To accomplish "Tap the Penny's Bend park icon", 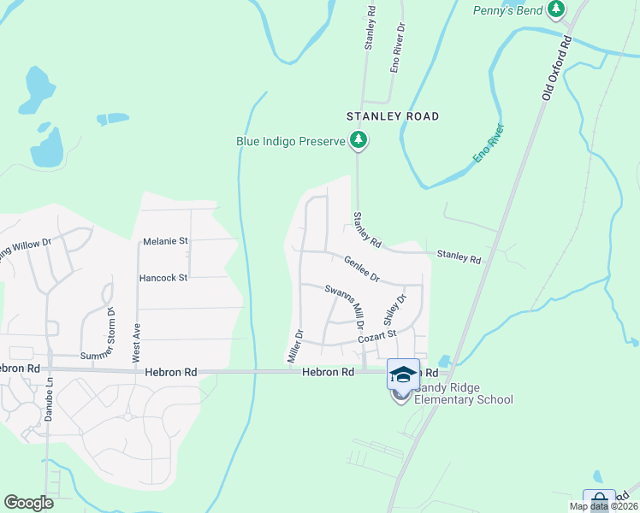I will [x=557, y=9].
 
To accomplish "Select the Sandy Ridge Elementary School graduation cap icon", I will [x=403, y=374].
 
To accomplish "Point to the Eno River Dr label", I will [x=396, y=50].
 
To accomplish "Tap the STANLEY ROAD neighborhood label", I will [x=393, y=116].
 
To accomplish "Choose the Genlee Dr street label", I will [x=363, y=268].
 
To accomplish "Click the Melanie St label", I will [x=165, y=241].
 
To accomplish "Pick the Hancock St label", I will [x=163, y=278].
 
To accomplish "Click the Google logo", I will [x=28, y=502].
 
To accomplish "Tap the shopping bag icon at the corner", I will [x=599, y=500].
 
